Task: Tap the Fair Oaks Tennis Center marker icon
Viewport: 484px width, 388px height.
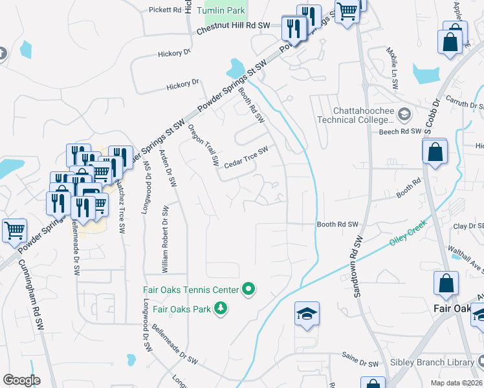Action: (x=248, y=288)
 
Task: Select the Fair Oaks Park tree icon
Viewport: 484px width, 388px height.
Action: (x=221, y=309)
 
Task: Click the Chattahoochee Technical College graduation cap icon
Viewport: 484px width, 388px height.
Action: (x=404, y=114)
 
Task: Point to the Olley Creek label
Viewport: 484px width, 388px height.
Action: (x=408, y=235)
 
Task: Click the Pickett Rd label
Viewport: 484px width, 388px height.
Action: (x=165, y=10)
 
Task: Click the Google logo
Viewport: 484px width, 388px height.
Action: (x=21, y=380)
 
